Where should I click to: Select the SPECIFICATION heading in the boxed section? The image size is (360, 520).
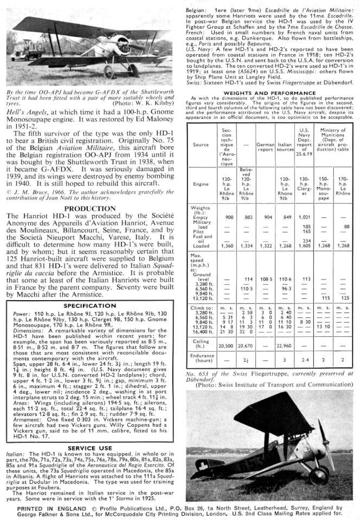click(91, 305)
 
